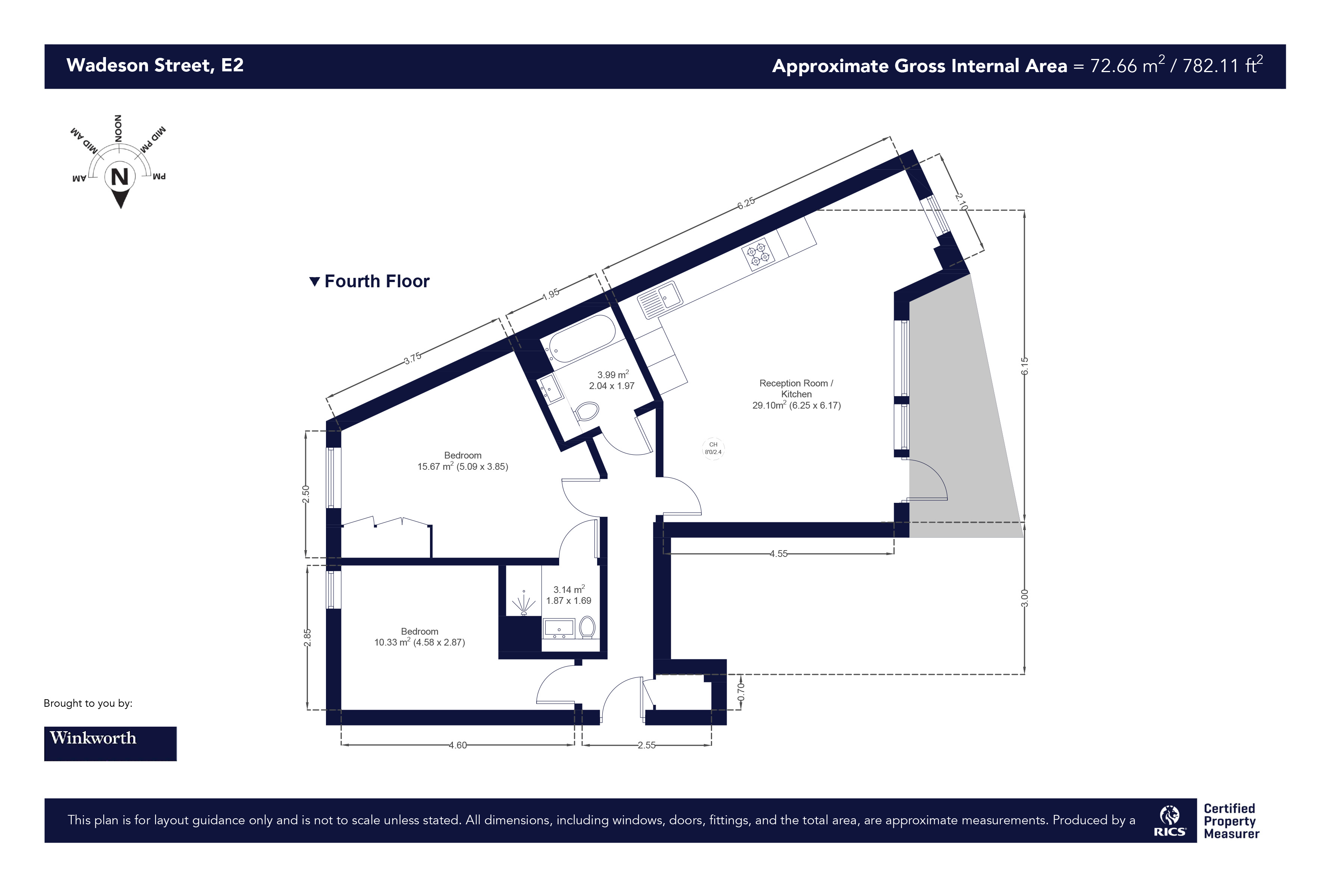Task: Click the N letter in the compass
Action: [x=120, y=177]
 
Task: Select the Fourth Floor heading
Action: [x=370, y=281]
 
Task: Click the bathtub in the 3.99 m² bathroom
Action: [x=582, y=338]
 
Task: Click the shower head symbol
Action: [x=524, y=603]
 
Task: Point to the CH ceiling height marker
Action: [x=714, y=449]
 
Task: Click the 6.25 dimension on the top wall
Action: [x=745, y=202]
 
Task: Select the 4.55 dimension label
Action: [x=778, y=554]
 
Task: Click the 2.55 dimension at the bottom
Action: [x=647, y=745]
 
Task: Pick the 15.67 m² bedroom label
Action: [x=463, y=461]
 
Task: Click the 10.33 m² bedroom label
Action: [x=419, y=637]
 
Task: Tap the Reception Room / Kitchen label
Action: [x=797, y=389]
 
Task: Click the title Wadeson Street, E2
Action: [x=155, y=65]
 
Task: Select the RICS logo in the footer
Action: [x=1170, y=821]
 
